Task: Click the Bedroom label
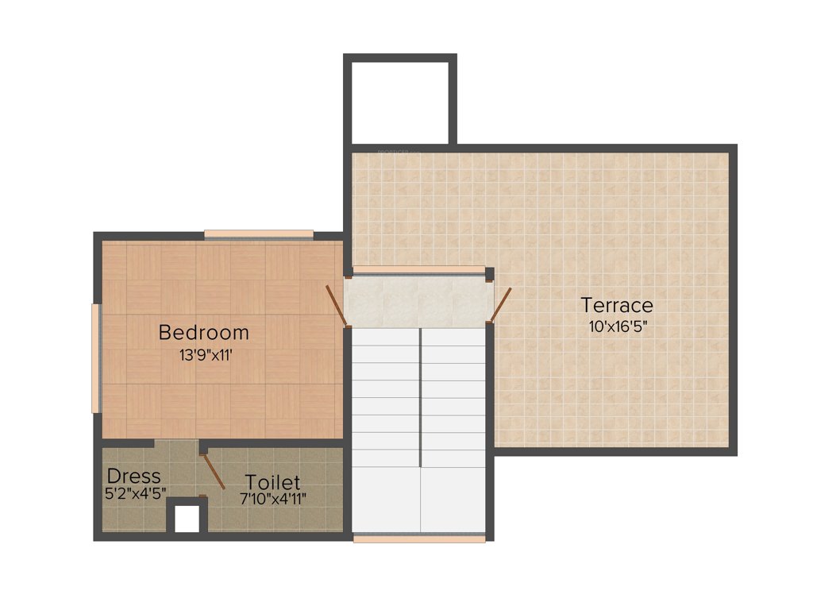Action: tap(203, 332)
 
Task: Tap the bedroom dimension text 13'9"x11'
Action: tap(206, 355)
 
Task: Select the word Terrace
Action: tap(617, 305)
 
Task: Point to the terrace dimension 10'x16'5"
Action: tap(618, 327)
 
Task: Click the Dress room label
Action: tap(134, 477)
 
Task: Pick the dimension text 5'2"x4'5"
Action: tap(135, 493)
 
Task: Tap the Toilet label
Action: tap(272, 482)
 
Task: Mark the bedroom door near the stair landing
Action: tap(336, 305)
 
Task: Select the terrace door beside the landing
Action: tap(500, 304)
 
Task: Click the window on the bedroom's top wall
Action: tap(259, 234)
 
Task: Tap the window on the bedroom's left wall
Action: tap(96, 358)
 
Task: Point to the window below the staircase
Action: tap(418, 539)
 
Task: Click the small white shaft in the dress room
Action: tap(187, 519)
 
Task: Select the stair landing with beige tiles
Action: tap(418, 301)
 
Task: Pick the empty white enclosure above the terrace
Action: tap(400, 102)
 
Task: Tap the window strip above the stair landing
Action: tap(418, 270)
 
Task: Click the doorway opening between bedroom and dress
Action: tap(176, 444)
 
